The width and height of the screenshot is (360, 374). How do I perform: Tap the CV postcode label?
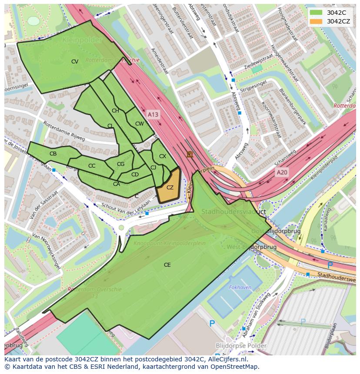75,62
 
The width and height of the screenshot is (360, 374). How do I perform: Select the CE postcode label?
167,265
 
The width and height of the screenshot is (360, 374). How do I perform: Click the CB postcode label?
53,154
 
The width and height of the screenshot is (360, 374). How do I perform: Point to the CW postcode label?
139,124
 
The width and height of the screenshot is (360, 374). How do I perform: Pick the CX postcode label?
163,156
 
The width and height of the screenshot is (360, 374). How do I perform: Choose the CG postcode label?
121,164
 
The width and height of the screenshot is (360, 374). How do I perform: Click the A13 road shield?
153,114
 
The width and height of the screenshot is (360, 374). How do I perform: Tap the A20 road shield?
282,172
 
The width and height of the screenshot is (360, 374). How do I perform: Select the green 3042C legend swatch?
316,13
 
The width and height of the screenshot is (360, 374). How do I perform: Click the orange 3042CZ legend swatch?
316,21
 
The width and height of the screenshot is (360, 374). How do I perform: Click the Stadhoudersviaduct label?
233,212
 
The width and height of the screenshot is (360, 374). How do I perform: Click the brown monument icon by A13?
190,154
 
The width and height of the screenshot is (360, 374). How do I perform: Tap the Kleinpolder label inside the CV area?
82,40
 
